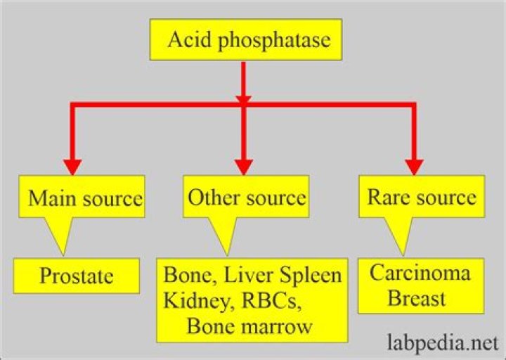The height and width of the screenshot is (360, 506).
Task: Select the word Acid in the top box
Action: click(x=185, y=39)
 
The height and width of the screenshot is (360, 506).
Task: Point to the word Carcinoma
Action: click(x=420, y=272)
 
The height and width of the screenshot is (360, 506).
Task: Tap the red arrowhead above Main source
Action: click(x=73, y=165)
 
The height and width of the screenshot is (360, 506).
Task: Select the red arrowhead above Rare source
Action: click(x=415, y=165)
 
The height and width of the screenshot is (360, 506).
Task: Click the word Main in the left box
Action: click(x=50, y=198)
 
